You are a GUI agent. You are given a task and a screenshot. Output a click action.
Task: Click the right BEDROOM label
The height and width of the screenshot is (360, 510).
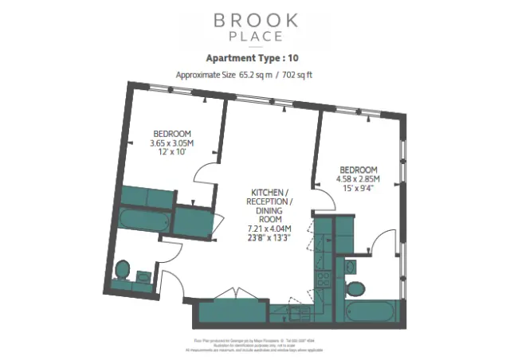(358, 170)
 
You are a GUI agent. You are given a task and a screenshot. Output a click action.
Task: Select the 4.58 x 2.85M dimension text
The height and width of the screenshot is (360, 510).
(358, 179)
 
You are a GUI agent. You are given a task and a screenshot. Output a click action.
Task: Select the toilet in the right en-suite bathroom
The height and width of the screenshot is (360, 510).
(355, 287)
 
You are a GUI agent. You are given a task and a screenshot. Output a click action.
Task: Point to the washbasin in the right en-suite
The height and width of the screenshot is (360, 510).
(355, 266)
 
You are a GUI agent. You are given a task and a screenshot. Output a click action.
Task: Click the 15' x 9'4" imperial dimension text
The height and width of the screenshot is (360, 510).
(358, 189)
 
